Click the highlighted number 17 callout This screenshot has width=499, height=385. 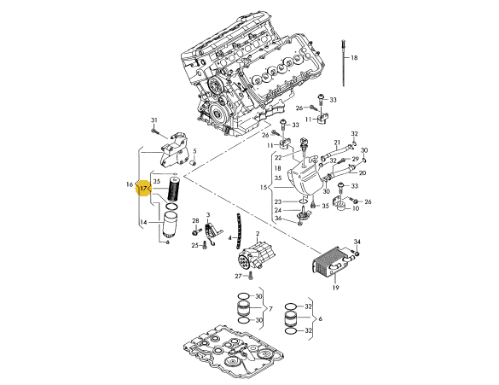143,189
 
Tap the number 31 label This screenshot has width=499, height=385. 154,120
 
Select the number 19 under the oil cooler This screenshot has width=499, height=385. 335,288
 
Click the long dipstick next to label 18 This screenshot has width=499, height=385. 344,63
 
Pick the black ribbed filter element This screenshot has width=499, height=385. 173,190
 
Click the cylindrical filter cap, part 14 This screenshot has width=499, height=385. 168,226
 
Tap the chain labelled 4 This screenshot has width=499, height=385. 237,230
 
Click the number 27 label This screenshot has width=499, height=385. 238,277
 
